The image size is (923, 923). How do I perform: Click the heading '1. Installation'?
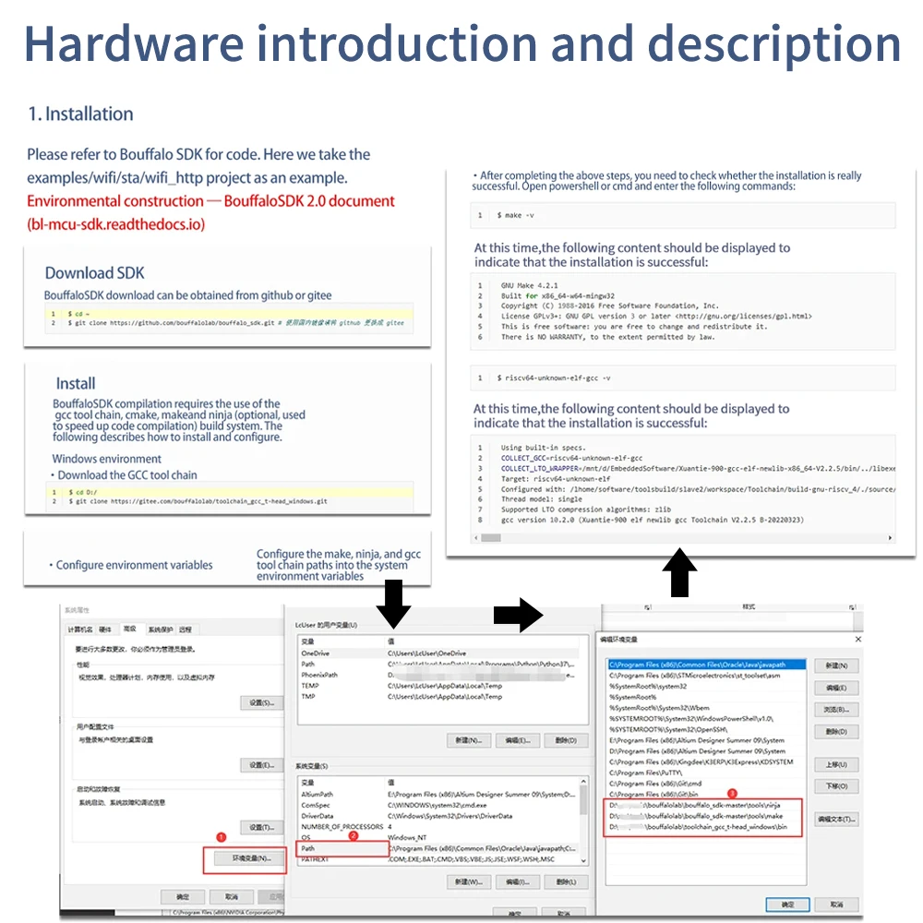click(x=80, y=114)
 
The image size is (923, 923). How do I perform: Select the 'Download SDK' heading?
click(x=95, y=273)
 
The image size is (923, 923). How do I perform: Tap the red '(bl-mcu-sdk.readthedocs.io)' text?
click(x=116, y=224)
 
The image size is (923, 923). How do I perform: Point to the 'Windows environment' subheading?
click(x=106, y=459)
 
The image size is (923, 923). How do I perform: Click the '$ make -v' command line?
click(x=515, y=215)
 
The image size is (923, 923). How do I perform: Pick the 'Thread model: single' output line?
click(x=542, y=499)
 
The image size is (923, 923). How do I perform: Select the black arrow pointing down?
click(x=393, y=605)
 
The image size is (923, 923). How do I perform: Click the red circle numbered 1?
click(x=221, y=837)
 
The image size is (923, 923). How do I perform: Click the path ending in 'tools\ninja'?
click(x=701, y=805)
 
